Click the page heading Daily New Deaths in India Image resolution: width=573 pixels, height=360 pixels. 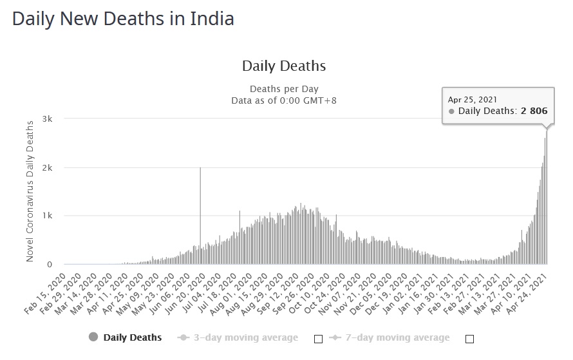(x=123, y=19)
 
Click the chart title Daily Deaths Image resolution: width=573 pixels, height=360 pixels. (x=283, y=66)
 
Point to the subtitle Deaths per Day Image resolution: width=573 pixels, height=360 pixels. (x=283, y=89)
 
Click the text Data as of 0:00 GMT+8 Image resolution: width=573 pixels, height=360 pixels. (x=283, y=100)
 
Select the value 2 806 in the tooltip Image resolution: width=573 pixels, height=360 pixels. (x=534, y=111)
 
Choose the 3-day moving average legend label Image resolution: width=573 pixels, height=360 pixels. (x=246, y=337)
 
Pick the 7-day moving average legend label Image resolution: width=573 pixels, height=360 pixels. (x=397, y=337)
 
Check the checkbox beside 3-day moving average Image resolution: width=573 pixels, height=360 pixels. (x=317, y=338)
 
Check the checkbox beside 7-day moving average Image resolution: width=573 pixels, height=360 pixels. (x=469, y=338)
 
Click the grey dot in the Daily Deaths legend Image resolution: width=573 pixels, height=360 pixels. (x=93, y=337)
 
